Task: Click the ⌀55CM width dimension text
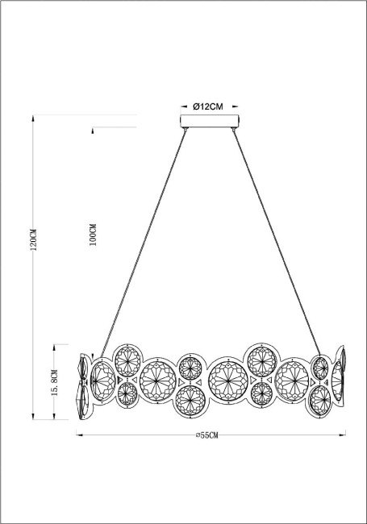coord(208,435)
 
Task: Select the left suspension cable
coord(141,242)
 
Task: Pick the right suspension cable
coord(278,242)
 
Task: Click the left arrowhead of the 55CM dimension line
coord(78,436)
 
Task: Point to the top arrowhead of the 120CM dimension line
coord(33,117)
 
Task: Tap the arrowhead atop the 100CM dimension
coord(94,130)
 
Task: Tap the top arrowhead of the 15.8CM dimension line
coord(54,344)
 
